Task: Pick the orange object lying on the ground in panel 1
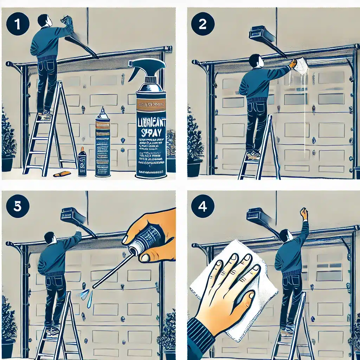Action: pos(62,174)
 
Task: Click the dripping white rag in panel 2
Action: pos(301,67)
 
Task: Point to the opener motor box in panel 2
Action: pos(262,35)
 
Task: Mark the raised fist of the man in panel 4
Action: pos(303,213)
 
